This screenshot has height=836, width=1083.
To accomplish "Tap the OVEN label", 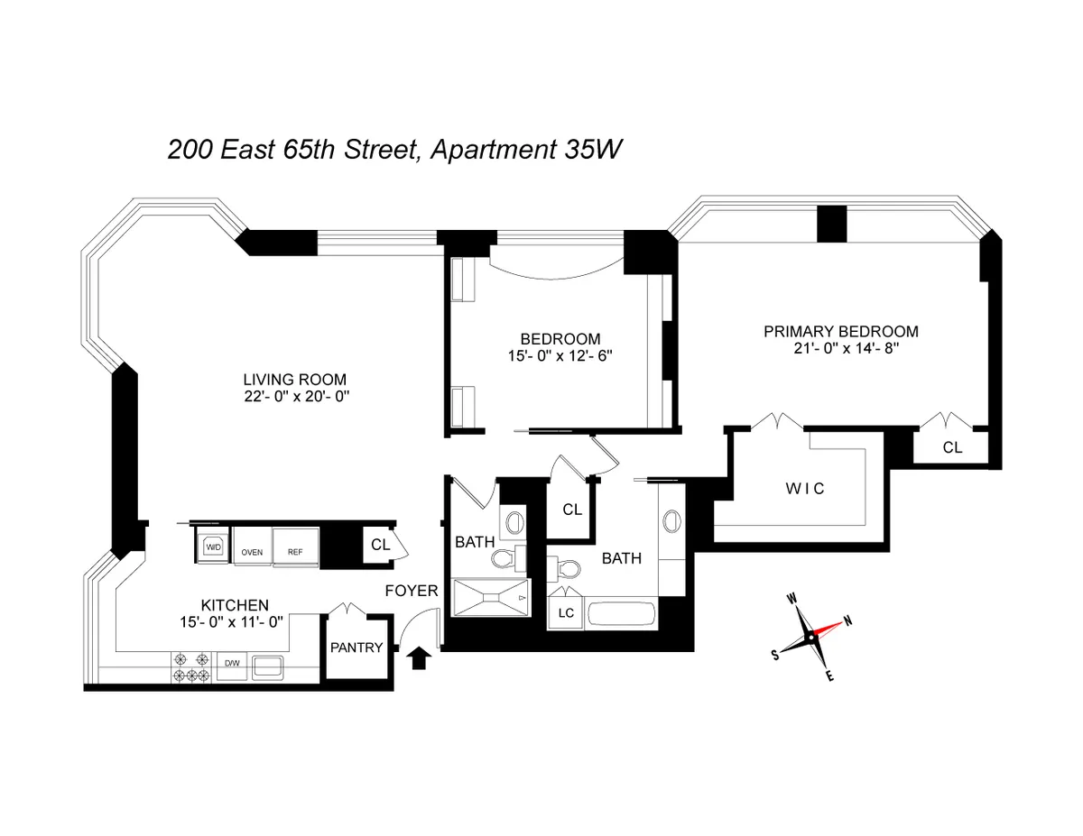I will [x=250, y=551].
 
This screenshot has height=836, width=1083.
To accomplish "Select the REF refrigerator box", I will [x=294, y=551].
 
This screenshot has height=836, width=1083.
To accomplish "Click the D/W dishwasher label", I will [x=231, y=664].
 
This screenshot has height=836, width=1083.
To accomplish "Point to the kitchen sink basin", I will [x=268, y=667].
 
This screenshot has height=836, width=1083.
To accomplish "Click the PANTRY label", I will [x=357, y=648].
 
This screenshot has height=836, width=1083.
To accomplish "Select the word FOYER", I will [x=412, y=592].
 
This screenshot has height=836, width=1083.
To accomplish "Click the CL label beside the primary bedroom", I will [x=952, y=447].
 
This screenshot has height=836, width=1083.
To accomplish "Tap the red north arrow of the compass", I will [x=832, y=628].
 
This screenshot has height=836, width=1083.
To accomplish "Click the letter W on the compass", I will [x=791, y=599].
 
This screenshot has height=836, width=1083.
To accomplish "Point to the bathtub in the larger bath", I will [x=623, y=616].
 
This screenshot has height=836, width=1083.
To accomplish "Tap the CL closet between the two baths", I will [x=572, y=510].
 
